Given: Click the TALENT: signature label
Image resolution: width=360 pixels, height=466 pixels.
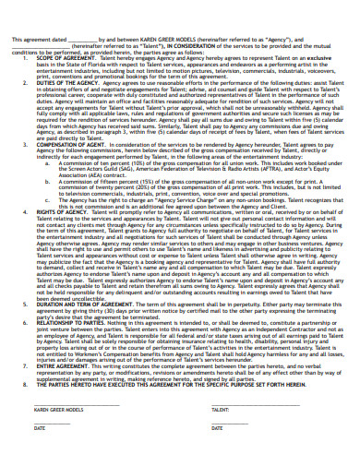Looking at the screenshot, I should point(195,408).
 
